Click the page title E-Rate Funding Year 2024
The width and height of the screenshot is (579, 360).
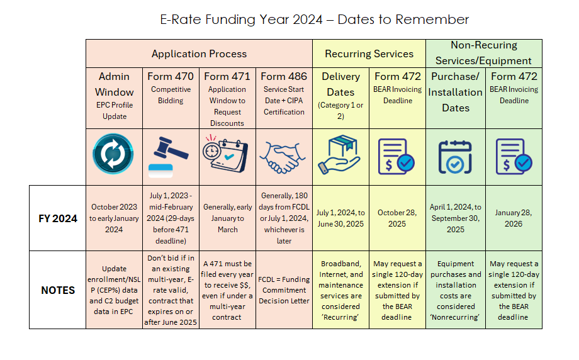[x=315, y=20]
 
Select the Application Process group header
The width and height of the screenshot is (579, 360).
[x=199, y=54]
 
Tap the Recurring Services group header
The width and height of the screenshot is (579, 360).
[x=369, y=54]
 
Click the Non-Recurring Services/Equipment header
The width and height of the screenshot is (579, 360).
[x=483, y=53]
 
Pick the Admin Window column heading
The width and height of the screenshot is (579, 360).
[x=114, y=84]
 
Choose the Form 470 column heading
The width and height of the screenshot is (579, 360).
[x=171, y=77]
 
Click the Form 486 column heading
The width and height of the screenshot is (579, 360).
[x=284, y=77]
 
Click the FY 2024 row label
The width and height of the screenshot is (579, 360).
[x=58, y=218]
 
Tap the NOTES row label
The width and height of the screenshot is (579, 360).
[x=58, y=290]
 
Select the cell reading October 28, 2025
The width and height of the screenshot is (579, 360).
[x=397, y=218]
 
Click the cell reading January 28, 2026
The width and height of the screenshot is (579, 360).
[x=514, y=218]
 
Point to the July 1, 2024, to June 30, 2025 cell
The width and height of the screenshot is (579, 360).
[x=340, y=218]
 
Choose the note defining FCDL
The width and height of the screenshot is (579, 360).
[x=284, y=290]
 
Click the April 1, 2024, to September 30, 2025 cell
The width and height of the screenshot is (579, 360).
[x=456, y=218]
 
